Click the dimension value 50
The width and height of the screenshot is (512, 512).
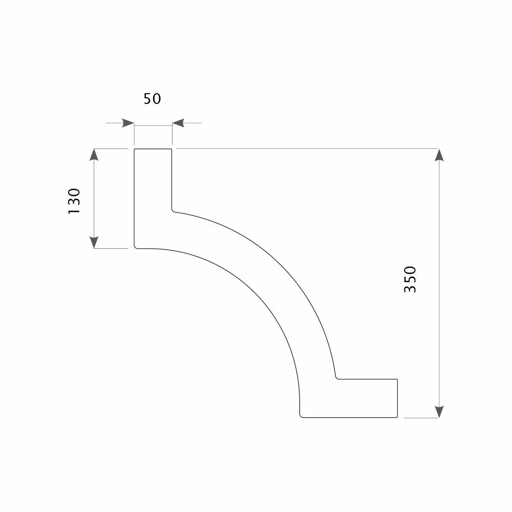point(152,99)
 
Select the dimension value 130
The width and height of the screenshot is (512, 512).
point(74,201)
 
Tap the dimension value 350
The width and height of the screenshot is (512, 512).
point(410,279)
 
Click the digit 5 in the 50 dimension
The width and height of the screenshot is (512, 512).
point(147,99)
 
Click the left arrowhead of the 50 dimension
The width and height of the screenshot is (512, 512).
point(128,123)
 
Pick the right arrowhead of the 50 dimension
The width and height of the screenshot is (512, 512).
point(178,123)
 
